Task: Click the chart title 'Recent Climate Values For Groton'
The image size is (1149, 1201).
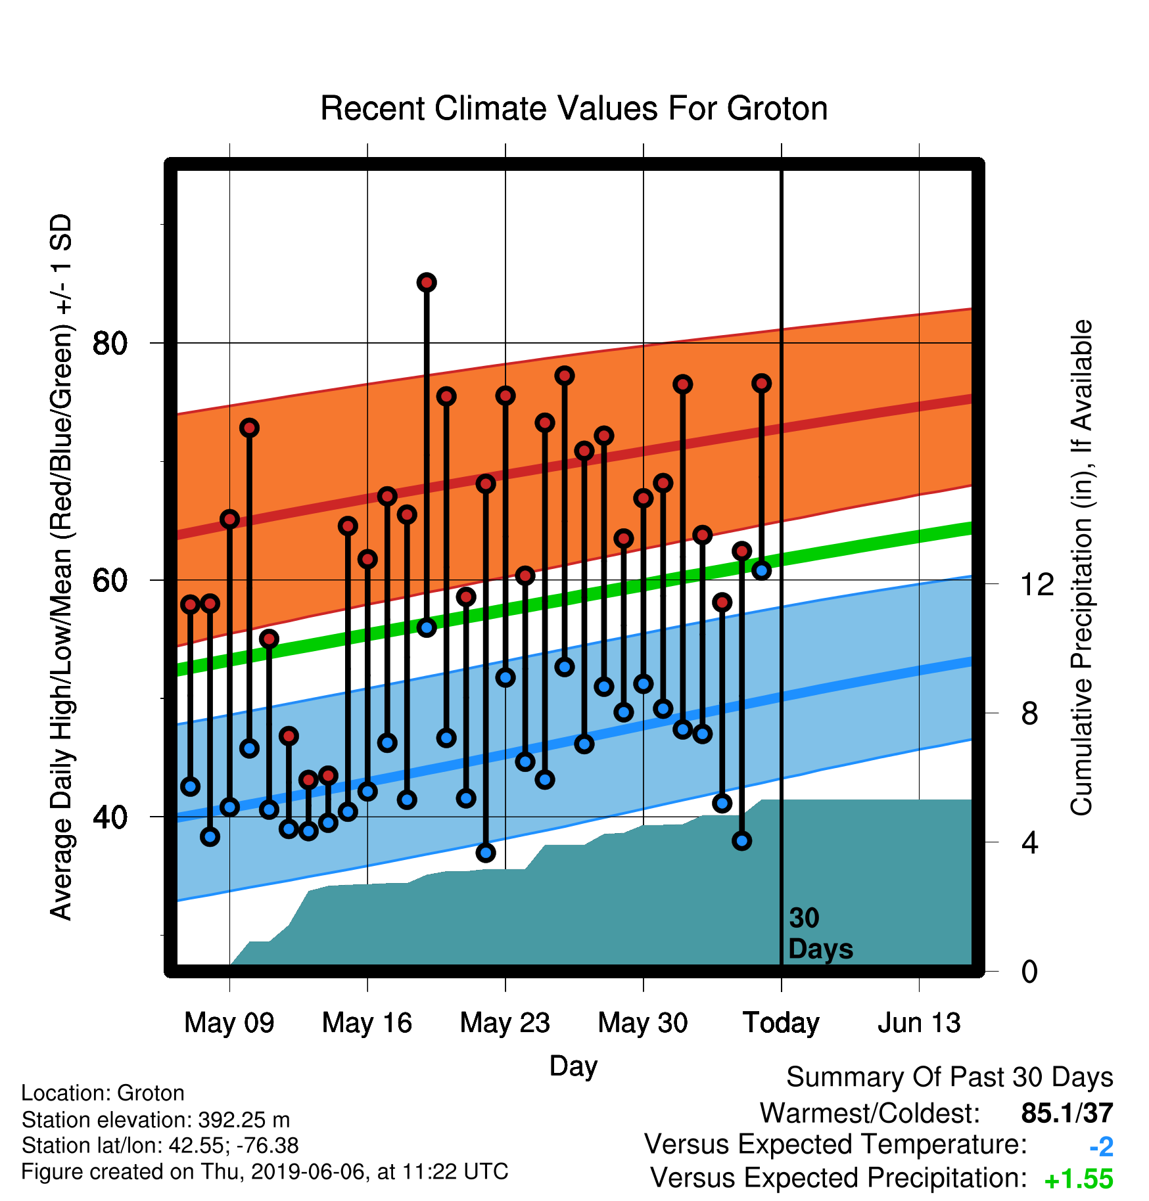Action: pos(574,108)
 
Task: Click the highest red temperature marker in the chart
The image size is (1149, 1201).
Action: pos(427,283)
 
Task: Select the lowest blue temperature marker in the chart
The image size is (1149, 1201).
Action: pos(486,853)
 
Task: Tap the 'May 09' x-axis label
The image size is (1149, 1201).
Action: pos(229,1023)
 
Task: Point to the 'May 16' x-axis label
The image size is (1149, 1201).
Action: pos(367,1023)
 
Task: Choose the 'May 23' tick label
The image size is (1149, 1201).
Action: pos(505,1023)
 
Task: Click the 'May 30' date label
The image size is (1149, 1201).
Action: pos(644,1023)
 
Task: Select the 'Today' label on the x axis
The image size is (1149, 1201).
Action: pos(782,1024)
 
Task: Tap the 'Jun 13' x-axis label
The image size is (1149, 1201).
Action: pos(920,1023)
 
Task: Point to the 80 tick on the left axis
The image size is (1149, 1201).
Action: pos(110,343)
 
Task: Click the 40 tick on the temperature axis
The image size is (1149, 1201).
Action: pos(110,817)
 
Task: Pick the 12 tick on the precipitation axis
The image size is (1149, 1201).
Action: pos(1037,583)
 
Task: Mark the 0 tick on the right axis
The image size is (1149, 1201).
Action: pos(1029,971)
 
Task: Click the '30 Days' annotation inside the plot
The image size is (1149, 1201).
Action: pos(820,934)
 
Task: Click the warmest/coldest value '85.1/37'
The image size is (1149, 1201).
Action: pos(1067,1113)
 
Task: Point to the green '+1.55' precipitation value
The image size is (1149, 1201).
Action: pos(1079,1179)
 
